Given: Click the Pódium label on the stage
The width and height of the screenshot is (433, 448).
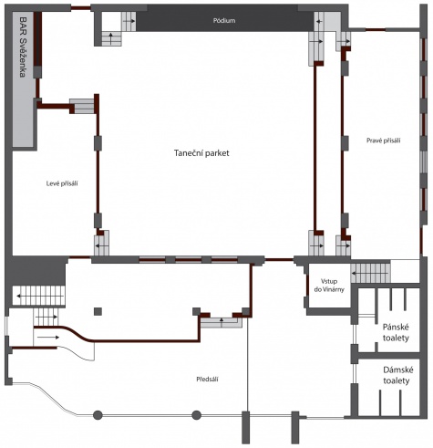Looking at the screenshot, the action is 224,21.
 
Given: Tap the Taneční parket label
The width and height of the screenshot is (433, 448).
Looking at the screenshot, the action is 201,153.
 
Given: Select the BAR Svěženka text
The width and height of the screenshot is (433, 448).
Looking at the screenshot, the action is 23,47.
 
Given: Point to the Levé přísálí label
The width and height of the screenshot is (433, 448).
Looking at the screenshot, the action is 62,183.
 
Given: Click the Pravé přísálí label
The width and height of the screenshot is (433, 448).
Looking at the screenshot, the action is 384,141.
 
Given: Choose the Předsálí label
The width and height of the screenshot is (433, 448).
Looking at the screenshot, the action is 208,380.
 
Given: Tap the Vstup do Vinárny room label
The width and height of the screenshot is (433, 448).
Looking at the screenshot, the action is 329,286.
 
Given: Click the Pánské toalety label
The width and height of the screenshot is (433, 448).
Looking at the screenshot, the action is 396,332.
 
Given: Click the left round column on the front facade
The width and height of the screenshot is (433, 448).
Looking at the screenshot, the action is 98,415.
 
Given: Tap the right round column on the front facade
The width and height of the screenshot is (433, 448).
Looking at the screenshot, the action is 196,415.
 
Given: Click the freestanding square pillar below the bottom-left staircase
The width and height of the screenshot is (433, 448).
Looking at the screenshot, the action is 98,311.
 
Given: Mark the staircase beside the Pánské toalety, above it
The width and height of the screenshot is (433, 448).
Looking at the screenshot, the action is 371,273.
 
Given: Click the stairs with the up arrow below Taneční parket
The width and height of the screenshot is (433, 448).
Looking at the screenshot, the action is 222,322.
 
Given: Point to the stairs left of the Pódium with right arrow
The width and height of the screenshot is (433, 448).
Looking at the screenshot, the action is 129,21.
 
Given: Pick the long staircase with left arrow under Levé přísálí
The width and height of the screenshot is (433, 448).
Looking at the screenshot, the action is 38,296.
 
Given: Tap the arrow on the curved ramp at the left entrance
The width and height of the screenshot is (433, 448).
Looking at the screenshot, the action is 48,337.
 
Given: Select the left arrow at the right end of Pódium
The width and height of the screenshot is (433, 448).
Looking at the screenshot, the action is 319,22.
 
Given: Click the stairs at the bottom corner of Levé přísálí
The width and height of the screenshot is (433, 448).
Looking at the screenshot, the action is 101,244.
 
